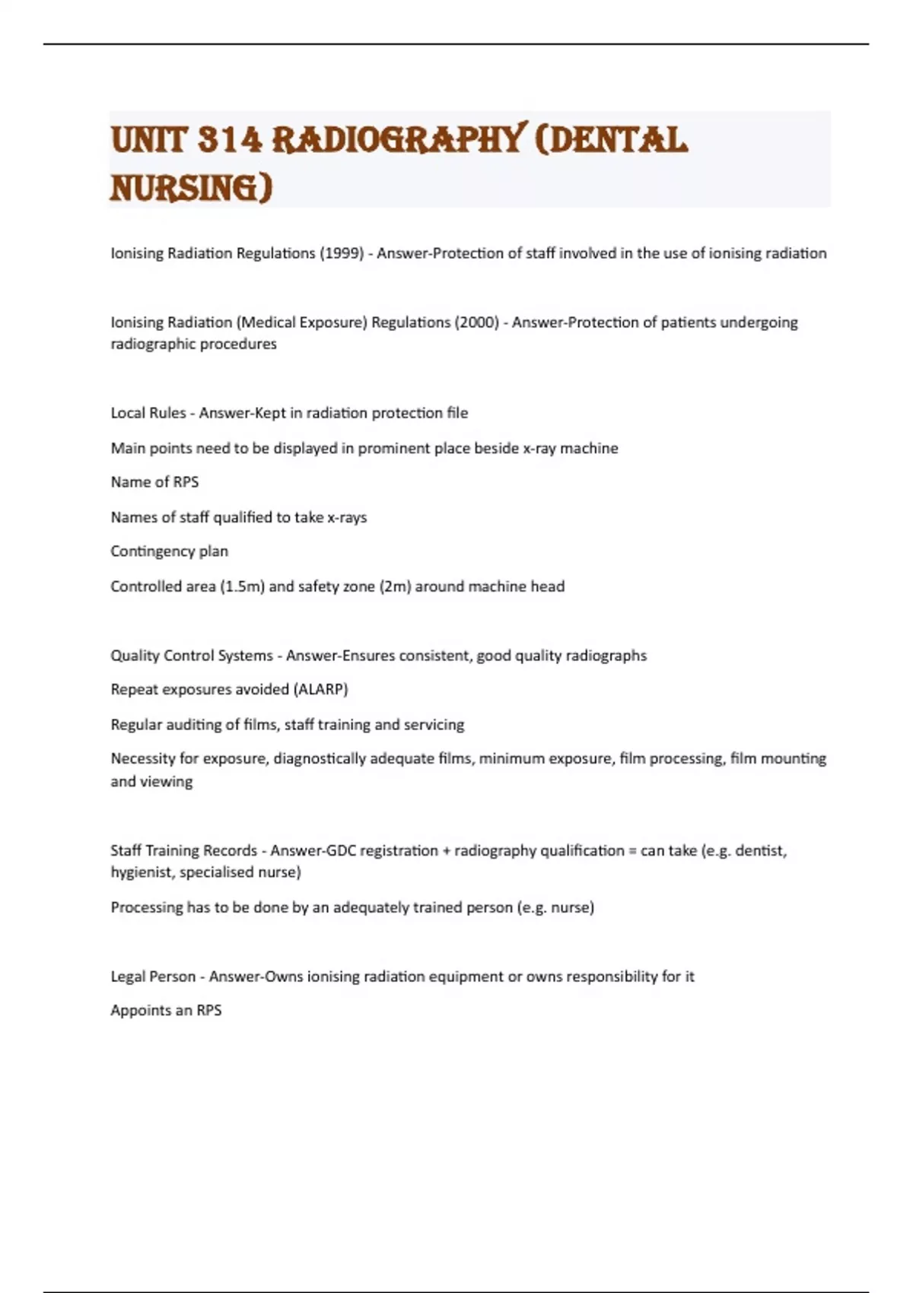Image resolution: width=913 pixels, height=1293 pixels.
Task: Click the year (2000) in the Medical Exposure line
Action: click(477, 322)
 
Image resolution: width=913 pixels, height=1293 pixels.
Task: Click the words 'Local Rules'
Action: click(148, 413)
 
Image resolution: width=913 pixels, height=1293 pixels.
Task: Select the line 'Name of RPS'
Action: click(154, 482)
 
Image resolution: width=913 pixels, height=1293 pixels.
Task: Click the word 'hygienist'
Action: click(142, 872)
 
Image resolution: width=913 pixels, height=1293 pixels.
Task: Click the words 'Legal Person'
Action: click(153, 977)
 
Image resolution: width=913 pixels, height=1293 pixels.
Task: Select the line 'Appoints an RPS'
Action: click(166, 1011)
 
